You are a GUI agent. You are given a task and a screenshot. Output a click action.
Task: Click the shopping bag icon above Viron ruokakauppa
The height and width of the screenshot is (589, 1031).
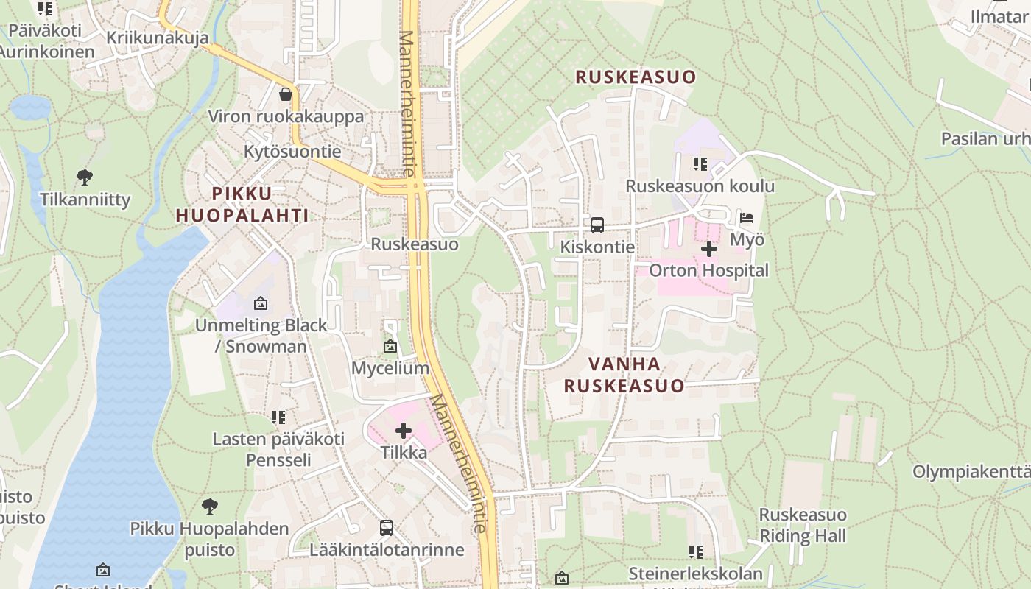click(286, 94)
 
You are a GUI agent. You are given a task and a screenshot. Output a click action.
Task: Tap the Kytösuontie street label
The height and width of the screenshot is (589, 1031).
click(292, 152)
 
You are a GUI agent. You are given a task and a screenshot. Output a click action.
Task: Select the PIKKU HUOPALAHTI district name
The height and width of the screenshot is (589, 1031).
click(242, 204)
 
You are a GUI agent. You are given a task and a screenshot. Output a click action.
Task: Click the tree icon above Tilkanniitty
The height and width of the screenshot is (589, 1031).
click(85, 177)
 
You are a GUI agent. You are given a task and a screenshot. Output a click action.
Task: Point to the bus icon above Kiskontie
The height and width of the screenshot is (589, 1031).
click(597, 225)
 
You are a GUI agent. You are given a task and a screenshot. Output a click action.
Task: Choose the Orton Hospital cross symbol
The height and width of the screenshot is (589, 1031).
click(709, 250)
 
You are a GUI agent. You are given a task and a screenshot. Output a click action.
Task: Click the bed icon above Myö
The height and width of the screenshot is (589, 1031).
click(747, 218)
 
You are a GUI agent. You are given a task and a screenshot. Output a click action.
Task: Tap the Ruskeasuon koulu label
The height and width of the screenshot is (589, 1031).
click(700, 186)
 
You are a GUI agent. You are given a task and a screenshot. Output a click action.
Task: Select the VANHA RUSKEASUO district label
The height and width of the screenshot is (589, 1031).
click(624, 374)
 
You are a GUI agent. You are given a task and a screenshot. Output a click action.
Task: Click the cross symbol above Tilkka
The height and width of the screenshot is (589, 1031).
click(404, 431)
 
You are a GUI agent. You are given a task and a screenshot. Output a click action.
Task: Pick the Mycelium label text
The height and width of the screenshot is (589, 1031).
click(390, 368)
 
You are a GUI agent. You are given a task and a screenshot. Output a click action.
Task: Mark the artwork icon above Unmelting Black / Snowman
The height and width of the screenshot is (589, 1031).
click(260, 303)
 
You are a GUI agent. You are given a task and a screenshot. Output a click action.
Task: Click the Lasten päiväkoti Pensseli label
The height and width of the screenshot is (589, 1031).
click(278, 449)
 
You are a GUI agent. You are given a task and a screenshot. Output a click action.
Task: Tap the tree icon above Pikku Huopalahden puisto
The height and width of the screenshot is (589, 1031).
click(210, 507)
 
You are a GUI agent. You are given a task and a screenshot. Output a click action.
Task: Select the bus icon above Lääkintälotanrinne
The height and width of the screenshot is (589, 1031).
click(387, 528)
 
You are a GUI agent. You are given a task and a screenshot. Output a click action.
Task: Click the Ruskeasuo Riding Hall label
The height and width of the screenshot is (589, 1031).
click(803, 525)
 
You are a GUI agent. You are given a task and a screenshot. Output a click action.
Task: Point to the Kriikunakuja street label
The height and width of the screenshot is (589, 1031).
click(157, 38)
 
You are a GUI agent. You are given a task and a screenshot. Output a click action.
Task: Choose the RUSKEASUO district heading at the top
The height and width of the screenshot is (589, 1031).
click(636, 77)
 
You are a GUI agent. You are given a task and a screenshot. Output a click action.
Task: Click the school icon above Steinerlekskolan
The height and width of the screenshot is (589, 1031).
click(696, 551)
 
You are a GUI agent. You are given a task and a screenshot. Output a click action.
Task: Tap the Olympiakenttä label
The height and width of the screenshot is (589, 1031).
click(971, 471)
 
